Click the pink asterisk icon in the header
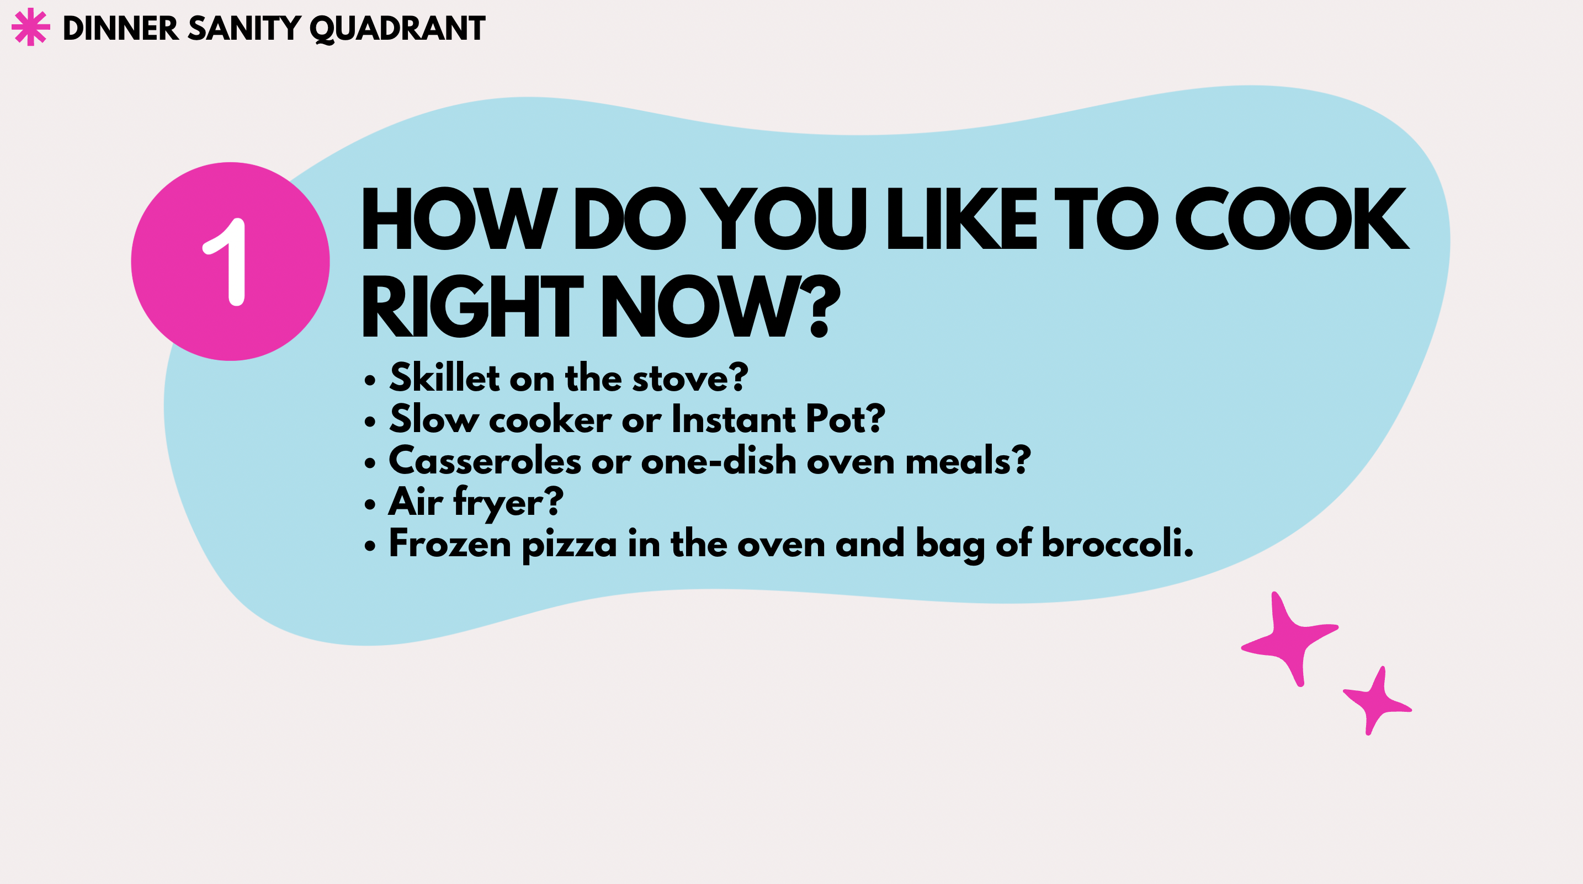click(x=31, y=27)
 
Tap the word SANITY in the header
click(x=244, y=28)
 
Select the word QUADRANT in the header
click(x=397, y=29)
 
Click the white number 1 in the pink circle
click(x=226, y=262)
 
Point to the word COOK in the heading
click(x=1292, y=219)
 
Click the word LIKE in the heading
click(x=962, y=219)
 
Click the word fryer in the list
click(x=498, y=503)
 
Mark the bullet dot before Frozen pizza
click(x=369, y=546)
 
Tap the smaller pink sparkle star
click(x=1377, y=701)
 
